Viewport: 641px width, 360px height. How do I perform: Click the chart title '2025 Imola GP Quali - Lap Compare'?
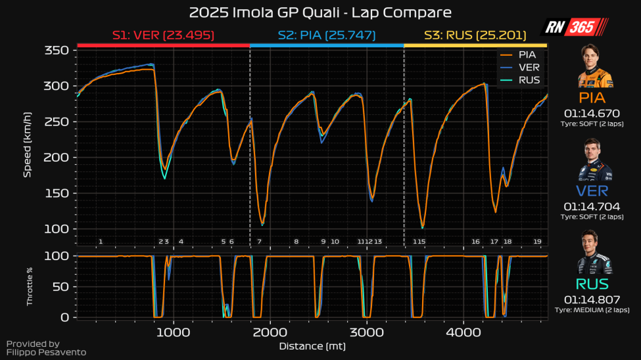click(x=320, y=12)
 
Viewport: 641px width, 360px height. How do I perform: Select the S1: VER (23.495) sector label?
click(x=163, y=35)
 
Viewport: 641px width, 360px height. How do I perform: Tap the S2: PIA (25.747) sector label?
click(x=327, y=35)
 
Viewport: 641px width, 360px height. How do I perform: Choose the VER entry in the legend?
click(x=527, y=67)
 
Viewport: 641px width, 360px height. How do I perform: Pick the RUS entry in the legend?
click(x=528, y=80)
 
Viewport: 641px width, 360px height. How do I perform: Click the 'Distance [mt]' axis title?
click(x=312, y=346)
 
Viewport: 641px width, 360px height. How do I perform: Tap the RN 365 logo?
click(x=573, y=28)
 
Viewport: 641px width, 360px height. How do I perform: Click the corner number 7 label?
click(x=259, y=242)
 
